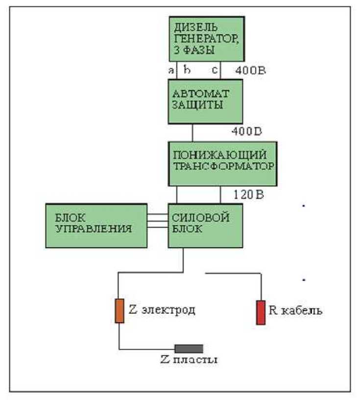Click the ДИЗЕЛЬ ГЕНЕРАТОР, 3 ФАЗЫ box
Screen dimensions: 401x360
point(206,39)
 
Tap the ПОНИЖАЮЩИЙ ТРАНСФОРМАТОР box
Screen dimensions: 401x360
point(223,164)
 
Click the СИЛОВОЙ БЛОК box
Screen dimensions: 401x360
point(206,226)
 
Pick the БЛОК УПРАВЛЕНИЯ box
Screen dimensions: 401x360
point(96,226)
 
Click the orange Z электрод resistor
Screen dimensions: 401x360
point(120,310)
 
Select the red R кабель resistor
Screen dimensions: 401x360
point(261,312)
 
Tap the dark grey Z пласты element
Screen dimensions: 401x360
point(189,349)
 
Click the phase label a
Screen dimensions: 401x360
point(171,71)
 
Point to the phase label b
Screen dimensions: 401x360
point(187,70)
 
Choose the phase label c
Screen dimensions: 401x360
point(215,71)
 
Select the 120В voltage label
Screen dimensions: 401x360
point(249,194)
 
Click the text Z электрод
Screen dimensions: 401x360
point(162,310)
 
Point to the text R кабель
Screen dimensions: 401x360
point(295,311)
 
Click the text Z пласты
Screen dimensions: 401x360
point(189,360)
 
